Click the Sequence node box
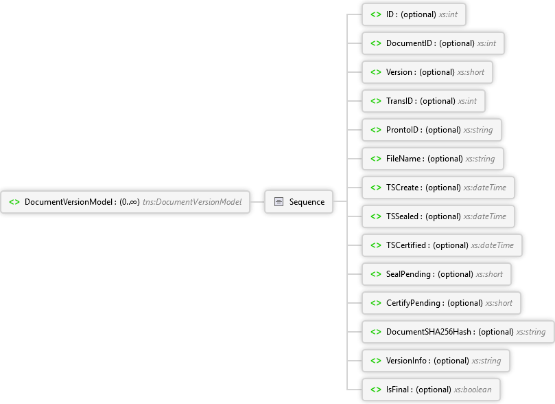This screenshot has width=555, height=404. click(x=298, y=201)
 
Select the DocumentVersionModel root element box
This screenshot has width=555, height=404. click(x=126, y=201)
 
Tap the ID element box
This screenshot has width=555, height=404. click(x=414, y=14)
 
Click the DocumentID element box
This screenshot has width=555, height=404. click(x=433, y=43)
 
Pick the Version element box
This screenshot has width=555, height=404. click(x=427, y=72)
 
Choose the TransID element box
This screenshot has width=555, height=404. click(x=423, y=101)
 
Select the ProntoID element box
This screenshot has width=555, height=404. click(x=432, y=130)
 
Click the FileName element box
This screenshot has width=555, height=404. click(x=432, y=159)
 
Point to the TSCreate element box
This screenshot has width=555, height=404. click(x=438, y=188)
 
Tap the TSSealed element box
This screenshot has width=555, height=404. click(x=438, y=216)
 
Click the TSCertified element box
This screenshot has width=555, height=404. click(x=442, y=245)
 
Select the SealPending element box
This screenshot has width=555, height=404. click(x=436, y=274)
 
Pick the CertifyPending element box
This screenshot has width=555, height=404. click(x=441, y=303)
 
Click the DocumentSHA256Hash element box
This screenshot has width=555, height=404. click(x=458, y=332)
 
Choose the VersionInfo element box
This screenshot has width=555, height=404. click(x=436, y=361)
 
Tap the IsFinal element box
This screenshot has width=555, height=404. click(x=431, y=390)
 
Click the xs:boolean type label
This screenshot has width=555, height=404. click(x=473, y=390)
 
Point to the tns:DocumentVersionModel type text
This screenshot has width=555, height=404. click(x=192, y=202)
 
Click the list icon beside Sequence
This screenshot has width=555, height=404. click(x=279, y=201)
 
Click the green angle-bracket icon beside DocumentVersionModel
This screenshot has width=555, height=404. click(x=14, y=202)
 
